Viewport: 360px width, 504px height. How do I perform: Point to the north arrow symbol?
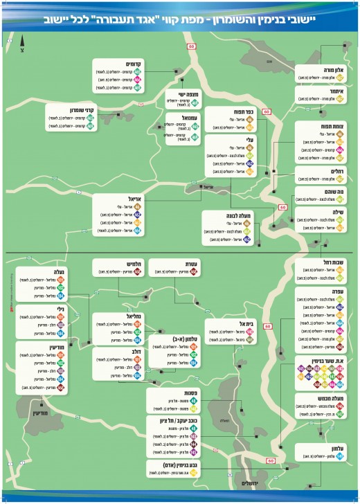[x=22, y=46]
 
